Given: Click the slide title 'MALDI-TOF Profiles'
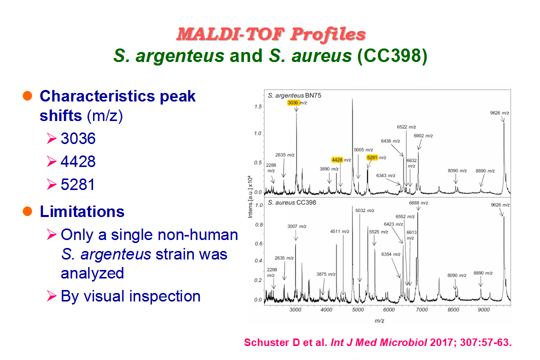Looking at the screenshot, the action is (x=271, y=34).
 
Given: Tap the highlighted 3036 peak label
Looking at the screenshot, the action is (x=292, y=102).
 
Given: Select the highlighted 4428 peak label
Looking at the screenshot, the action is (x=337, y=160).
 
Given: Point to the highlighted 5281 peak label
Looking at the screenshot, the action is (x=372, y=157).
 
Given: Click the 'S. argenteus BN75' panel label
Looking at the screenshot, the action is (x=294, y=95).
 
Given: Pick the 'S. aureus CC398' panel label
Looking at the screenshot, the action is (x=291, y=202).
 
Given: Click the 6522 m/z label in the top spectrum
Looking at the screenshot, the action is (x=406, y=127).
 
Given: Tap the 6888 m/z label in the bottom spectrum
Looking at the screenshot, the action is (x=418, y=203).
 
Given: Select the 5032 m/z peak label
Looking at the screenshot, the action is (x=364, y=210).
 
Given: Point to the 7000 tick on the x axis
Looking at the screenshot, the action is (x=422, y=309).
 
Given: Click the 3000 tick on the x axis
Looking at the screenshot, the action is (x=295, y=309).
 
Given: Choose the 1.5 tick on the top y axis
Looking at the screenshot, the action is (x=258, y=107).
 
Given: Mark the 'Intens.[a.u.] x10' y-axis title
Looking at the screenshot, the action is (x=250, y=196).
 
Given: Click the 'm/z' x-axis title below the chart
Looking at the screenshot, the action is (x=379, y=320).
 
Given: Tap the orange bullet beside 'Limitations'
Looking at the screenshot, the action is (x=27, y=211).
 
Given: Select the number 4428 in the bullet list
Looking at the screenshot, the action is (x=78, y=161).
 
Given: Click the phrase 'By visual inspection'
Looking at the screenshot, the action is (x=130, y=296).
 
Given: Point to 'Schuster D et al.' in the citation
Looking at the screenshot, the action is (x=285, y=342).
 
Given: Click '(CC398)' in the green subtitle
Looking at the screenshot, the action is (x=392, y=56).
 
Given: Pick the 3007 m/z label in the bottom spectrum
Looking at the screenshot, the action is (x=297, y=226).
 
